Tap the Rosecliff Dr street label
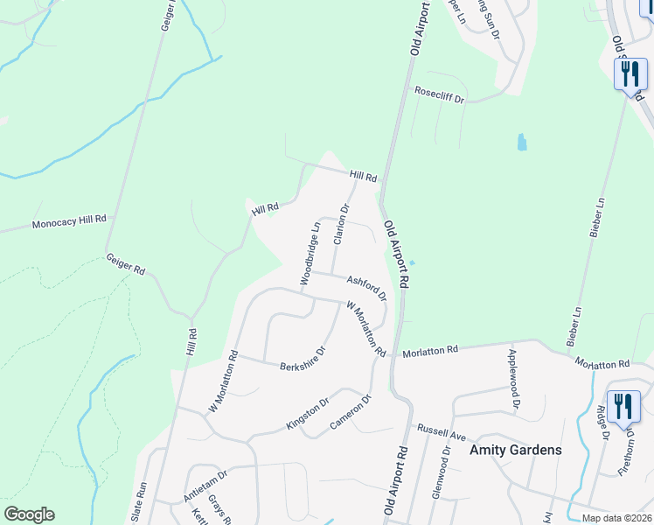pos(439,92)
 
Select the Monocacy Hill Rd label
pos(69,223)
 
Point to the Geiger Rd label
pos(125,265)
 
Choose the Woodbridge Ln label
pos(310,253)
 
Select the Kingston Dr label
pos(308,414)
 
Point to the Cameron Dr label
pos(351,410)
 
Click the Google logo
pos(29,514)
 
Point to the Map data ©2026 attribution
pos(616,518)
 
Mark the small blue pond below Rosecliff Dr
pos(522,142)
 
